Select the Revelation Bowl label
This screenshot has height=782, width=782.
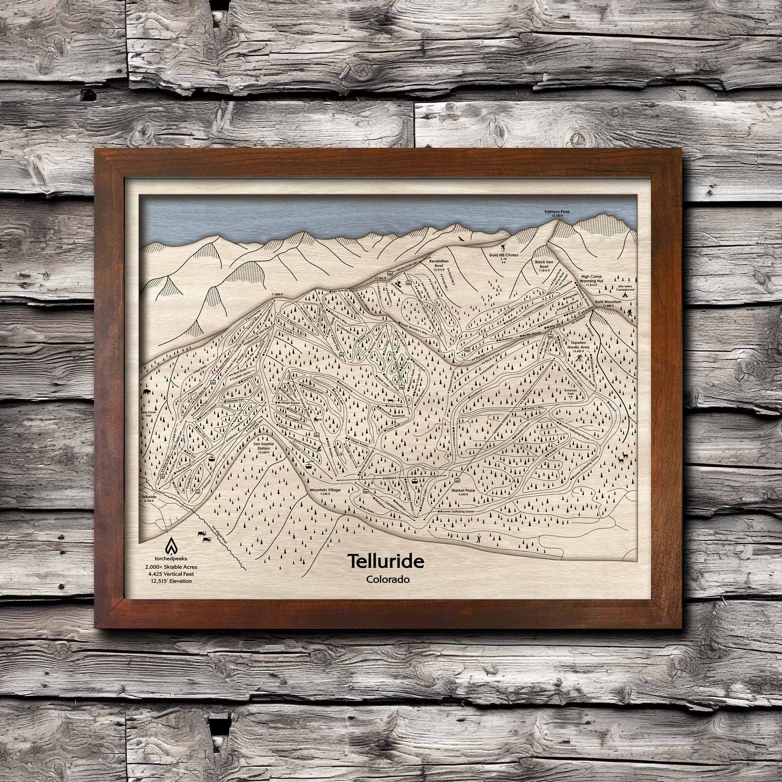[439, 263]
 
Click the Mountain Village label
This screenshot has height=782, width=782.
[325, 490]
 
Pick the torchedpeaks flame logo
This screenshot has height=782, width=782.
[170, 546]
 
